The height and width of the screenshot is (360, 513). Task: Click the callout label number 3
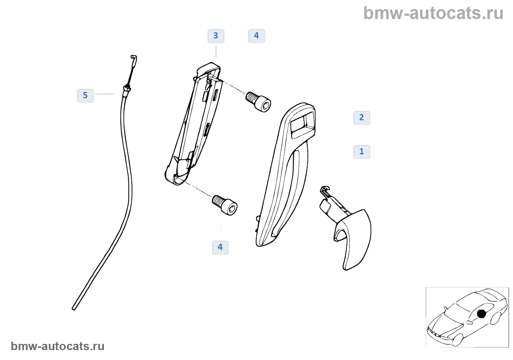point(216,36)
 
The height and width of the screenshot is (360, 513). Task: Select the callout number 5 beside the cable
point(85,96)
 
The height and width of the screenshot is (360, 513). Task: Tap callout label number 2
point(362,118)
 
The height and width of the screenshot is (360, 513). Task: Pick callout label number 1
point(362,152)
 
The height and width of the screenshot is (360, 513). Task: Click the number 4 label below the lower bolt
point(220,247)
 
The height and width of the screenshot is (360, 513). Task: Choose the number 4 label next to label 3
point(256,36)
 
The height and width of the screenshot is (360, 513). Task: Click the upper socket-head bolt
point(259,102)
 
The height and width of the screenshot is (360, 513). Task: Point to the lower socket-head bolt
point(225,205)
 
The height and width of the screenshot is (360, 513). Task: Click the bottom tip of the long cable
point(74,308)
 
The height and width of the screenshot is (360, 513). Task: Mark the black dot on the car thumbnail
point(481,314)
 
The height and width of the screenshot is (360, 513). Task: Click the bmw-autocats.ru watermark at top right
point(433,13)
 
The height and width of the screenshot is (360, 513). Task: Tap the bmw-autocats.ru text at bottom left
point(58,346)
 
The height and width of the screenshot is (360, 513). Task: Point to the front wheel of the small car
point(457,339)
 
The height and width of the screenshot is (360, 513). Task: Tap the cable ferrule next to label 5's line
point(126,88)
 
